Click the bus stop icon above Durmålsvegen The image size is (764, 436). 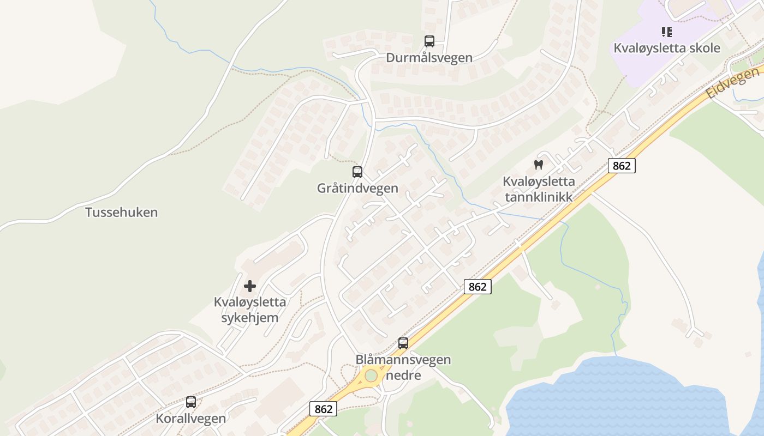click(x=429, y=41)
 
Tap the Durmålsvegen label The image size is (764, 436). click(x=429, y=58)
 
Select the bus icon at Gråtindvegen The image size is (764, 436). click(x=357, y=172)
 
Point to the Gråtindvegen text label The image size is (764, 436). click(x=357, y=189)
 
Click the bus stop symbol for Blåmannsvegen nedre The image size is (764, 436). click(x=403, y=343)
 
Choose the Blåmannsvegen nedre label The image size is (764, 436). click(x=403, y=367)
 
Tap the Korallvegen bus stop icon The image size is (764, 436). click(x=191, y=402)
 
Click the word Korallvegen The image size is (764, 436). click(x=191, y=419)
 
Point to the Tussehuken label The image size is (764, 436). click(x=121, y=213)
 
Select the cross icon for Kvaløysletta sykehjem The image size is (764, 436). click(x=250, y=286)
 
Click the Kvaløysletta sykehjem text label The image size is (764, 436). click(x=250, y=310)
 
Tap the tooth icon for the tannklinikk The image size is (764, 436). click(x=539, y=165)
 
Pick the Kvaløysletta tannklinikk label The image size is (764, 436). click(x=539, y=189)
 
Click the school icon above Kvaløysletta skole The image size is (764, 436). click(x=666, y=32)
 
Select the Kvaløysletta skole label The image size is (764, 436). click(x=666, y=48)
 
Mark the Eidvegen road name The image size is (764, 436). click(x=732, y=82)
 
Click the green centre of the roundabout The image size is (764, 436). click(x=371, y=376)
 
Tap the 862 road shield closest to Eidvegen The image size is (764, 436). click(x=622, y=166)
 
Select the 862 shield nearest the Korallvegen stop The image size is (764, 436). click(x=323, y=408)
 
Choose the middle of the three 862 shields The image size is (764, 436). click(x=477, y=287)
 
